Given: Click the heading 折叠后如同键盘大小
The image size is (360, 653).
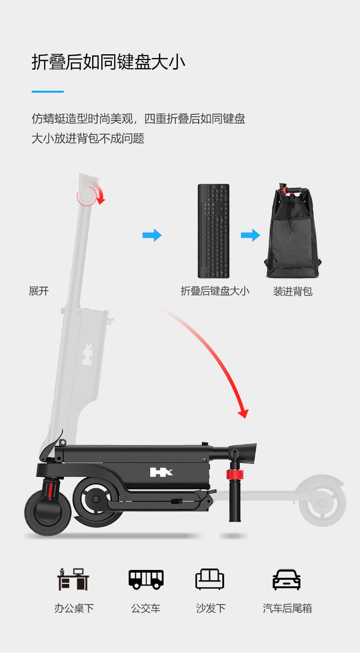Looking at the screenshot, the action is pyautogui.click(x=108, y=62).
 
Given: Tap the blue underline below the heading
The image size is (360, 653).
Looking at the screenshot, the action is pyautogui.click(x=48, y=92).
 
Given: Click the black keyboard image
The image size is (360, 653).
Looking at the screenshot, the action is pyautogui.click(x=214, y=230).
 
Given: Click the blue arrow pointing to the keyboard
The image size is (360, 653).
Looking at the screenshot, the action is pyautogui.click(x=152, y=235).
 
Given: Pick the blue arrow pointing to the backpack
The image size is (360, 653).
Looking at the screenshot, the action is pyautogui.click(x=251, y=235).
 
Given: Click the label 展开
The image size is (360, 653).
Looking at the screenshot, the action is pyautogui.click(x=39, y=290).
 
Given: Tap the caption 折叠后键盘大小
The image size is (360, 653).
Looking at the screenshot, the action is pyautogui.click(x=215, y=290).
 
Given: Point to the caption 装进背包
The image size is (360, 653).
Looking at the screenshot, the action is pyautogui.click(x=293, y=290).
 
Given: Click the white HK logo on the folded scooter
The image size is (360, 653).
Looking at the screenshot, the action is pyautogui.click(x=161, y=472).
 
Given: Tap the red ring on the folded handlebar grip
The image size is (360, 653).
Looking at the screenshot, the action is pyautogui.click(x=235, y=474).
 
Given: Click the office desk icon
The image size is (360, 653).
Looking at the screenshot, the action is pyautogui.click(x=73, y=579).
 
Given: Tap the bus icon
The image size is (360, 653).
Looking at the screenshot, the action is pyautogui.click(x=146, y=580).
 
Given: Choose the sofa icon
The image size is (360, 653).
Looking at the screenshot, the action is pyautogui.click(x=210, y=579).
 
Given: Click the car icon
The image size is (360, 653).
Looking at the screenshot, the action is pyautogui.click(x=287, y=580).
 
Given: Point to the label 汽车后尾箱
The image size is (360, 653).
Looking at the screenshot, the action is pyautogui.click(x=288, y=608).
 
